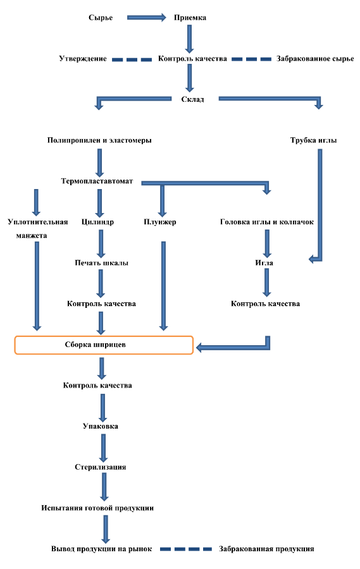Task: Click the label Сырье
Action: click(101, 18)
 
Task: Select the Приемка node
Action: click(190, 18)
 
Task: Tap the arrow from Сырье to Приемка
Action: click(146, 18)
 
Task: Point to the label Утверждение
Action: click(83, 59)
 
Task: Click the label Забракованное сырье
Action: click(315, 59)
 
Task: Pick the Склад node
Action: click(192, 99)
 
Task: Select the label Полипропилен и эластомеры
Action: click(99, 140)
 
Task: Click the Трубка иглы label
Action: click(313, 140)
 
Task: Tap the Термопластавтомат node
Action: click(97, 181)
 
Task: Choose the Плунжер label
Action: click(160, 222)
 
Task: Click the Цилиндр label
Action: click(97, 222)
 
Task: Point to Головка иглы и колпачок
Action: click(266, 222)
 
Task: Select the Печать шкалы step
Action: click(101, 263)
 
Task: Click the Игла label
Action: click(264, 263)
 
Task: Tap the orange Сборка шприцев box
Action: click(104, 345)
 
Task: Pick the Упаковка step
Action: click(100, 426)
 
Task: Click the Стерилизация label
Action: click(100, 467)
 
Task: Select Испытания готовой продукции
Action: click(97, 508)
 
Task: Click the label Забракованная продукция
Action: click(266, 549)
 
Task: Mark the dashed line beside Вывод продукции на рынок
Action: click(186, 549)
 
